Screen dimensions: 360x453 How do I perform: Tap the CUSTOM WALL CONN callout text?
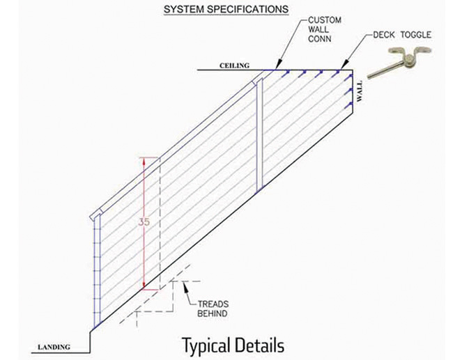(x=321, y=30)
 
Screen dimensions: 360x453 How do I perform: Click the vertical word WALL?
(x=360, y=91)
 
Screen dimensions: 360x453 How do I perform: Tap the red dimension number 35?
(x=144, y=222)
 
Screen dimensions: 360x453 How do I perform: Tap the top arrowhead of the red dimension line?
(x=144, y=159)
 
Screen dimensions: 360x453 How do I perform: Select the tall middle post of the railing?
(x=259, y=132)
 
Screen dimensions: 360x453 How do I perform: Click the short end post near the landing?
(x=95, y=272)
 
